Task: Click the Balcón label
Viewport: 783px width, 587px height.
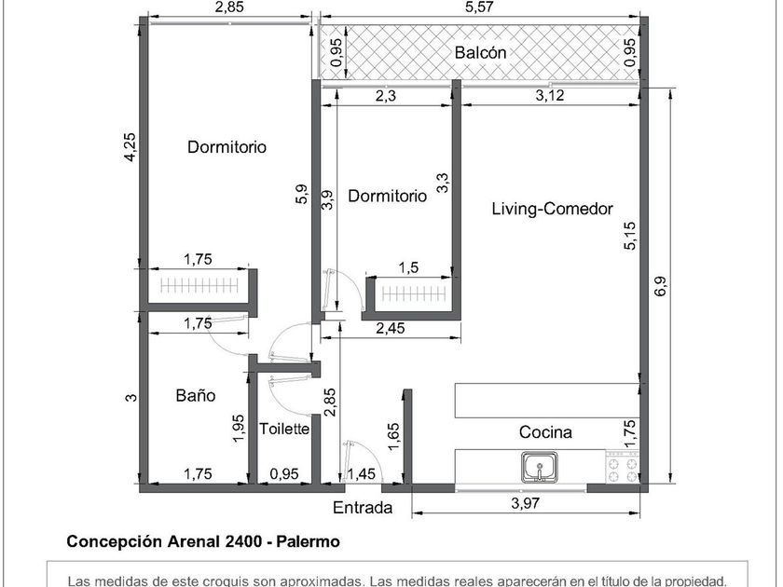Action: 480,52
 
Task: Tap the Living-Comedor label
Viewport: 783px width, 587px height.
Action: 552,208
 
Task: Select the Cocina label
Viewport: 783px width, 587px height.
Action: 545,431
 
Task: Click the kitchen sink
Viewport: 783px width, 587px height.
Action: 540,467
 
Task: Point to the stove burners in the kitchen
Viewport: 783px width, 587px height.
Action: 623,468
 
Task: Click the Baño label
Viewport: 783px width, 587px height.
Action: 196,395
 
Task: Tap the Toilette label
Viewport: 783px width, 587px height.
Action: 284,429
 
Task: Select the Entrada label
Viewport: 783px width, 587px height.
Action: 363,508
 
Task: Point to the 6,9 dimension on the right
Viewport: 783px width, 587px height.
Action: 660,286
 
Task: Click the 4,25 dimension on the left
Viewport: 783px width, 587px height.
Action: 130,147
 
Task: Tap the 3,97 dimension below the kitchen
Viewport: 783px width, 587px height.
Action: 525,502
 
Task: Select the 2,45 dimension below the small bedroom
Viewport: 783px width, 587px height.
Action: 391,328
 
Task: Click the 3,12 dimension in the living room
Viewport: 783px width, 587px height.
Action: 550,95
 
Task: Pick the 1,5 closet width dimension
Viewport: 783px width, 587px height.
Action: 408,267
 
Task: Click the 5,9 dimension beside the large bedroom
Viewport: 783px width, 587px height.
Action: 302,194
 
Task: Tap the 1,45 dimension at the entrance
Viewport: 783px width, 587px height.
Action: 361,473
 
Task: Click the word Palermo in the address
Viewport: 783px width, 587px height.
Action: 309,541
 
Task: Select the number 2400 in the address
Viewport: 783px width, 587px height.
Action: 242,541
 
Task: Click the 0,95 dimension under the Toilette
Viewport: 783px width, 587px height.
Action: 284,473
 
